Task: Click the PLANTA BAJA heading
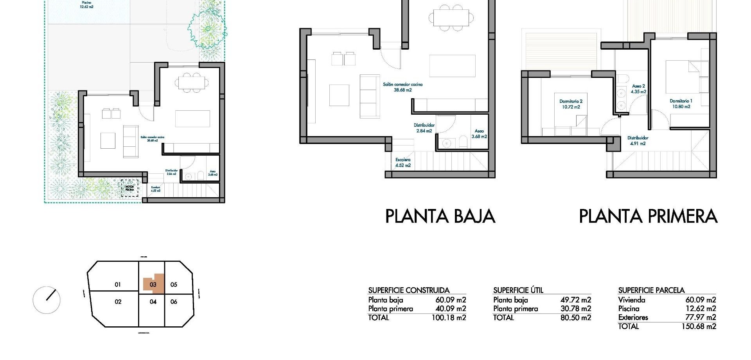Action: click(440, 216)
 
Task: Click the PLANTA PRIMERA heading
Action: click(648, 216)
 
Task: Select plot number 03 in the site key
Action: click(153, 284)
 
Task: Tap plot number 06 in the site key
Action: click(174, 302)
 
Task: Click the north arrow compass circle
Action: click(47, 300)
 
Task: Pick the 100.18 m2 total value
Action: click(449, 318)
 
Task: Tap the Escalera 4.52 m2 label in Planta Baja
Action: click(403, 162)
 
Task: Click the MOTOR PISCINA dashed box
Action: click(129, 188)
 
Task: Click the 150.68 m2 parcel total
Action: click(699, 326)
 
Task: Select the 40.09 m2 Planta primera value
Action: click(451, 309)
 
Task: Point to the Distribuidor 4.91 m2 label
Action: click(638, 140)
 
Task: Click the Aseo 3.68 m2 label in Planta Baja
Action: click(479, 134)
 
